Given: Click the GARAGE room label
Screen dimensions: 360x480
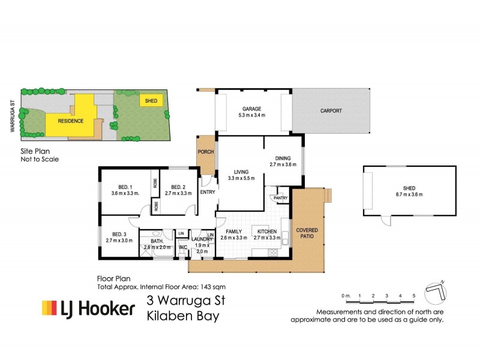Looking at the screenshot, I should [x=251, y=109].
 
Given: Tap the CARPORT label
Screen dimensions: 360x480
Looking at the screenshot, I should [x=331, y=111].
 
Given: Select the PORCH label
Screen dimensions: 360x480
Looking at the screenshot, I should [x=206, y=152].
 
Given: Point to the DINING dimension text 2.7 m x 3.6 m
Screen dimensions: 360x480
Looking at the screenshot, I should [x=283, y=164].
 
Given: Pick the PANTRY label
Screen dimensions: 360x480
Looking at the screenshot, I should [x=281, y=197].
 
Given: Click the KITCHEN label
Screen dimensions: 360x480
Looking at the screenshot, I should [x=266, y=231].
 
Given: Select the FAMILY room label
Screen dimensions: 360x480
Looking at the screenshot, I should [x=233, y=231].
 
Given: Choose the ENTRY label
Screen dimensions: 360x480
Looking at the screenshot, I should [x=207, y=192].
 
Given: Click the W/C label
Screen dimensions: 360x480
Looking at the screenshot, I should [x=183, y=247].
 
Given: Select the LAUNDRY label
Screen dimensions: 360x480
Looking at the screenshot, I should [x=202, y=239].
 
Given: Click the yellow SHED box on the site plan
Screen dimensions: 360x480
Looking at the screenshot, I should [x=151, y=101].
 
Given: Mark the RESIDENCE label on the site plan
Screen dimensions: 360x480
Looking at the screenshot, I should [x=70, y=121].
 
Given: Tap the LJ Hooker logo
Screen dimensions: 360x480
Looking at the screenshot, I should [x=88, y=308].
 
